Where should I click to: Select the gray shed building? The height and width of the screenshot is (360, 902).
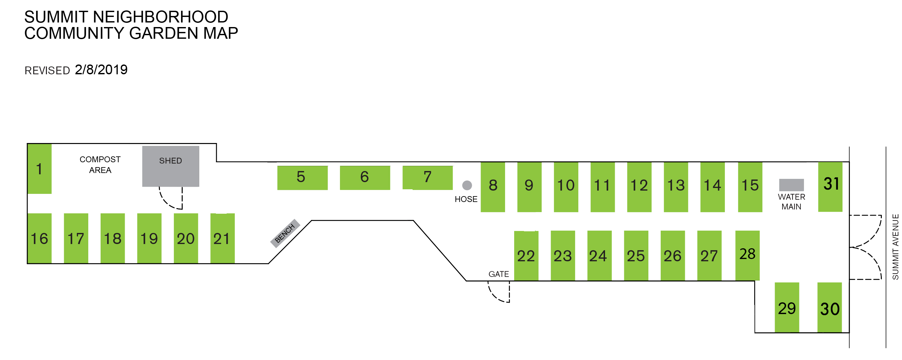171,166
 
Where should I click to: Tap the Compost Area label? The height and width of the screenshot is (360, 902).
100,165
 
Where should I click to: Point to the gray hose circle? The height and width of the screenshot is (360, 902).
467,185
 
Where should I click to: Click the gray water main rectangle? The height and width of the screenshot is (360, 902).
791,185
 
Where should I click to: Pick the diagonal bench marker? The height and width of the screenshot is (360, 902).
285,233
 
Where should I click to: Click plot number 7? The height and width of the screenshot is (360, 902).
428,178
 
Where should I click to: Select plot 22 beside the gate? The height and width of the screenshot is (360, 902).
526,256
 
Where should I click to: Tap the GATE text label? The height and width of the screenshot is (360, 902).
499,274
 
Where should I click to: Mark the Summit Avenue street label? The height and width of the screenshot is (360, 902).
895,247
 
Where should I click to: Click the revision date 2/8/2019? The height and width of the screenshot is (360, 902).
101,70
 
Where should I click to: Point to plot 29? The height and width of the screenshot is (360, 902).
787,308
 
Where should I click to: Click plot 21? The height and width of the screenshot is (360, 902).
222,238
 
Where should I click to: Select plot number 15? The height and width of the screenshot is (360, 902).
750,187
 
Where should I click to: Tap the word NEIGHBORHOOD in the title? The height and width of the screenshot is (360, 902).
160,17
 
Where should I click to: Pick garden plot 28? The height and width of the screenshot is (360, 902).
747,255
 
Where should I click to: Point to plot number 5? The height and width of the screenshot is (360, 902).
303,178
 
